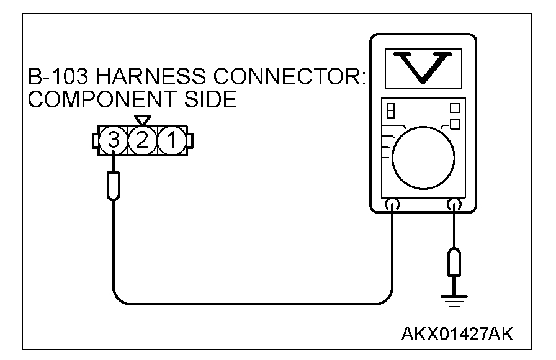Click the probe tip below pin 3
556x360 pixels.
[113, 186]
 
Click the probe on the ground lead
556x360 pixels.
[455, 262]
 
